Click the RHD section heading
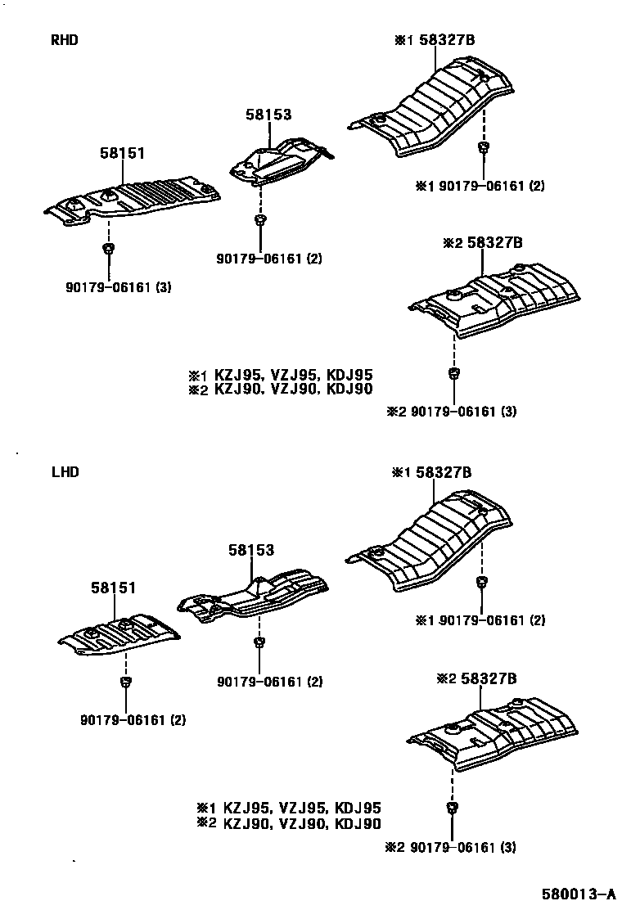65,39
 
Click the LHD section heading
65,472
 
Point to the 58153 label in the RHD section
268,115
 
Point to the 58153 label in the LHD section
250,552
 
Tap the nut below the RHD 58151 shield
108,248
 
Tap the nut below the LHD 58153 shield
259,642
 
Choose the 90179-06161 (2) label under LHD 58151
133,720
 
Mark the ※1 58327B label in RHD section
435,39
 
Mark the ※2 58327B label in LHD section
476,678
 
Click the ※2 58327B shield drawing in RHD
496,299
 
